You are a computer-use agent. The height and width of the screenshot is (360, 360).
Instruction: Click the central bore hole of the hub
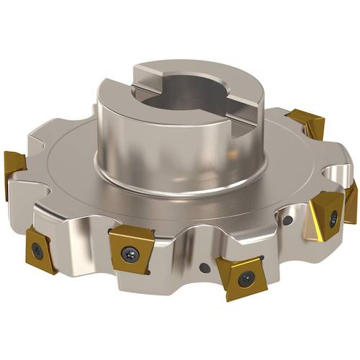pos(184,94)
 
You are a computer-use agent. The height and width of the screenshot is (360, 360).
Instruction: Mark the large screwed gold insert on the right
pos(328,216)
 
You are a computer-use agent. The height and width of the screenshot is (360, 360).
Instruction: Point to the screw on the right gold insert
pos(333,219)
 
